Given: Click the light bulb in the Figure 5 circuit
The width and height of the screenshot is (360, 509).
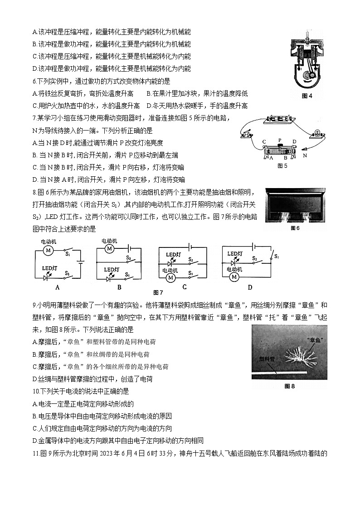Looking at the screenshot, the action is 315,132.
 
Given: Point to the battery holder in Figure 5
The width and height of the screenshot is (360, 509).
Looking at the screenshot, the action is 278,119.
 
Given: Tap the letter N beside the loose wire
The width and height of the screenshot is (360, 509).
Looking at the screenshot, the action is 305,155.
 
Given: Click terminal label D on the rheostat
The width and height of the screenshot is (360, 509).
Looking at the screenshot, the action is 294,142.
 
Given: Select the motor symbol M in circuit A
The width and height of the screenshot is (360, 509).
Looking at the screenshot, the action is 48,250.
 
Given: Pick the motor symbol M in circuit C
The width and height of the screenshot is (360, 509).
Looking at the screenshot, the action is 171,277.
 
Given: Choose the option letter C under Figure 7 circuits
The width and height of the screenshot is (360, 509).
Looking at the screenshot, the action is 185,286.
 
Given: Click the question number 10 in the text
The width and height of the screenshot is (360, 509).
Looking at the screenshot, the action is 36,391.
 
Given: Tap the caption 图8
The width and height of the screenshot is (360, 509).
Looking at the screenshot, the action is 289,386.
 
